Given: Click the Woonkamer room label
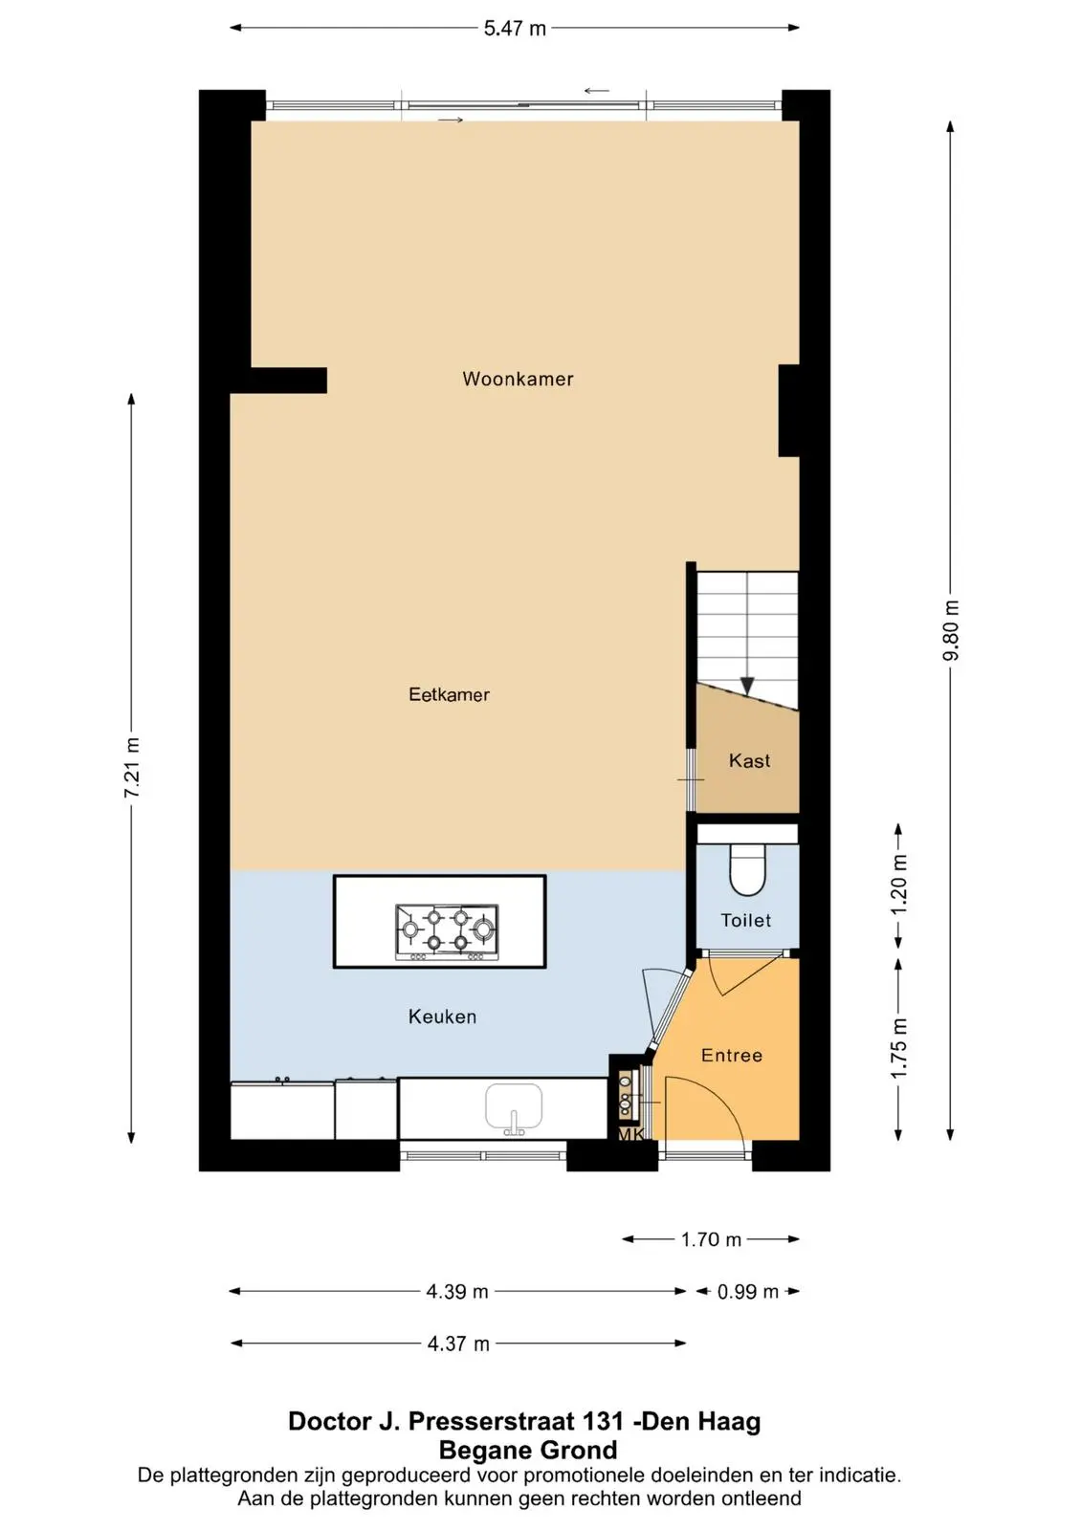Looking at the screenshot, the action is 518,379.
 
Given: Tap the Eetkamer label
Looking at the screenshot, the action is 449,694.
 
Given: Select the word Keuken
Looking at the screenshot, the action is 442,1016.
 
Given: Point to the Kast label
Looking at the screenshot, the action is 749,760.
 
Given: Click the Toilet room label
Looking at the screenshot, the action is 745,920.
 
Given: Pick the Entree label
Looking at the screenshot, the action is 731,1056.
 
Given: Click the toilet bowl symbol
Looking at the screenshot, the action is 747,870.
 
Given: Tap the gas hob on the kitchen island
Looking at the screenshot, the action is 447,931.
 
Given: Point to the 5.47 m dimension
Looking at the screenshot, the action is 515,29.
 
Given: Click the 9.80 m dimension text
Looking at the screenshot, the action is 952,630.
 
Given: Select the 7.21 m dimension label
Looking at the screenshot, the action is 132,768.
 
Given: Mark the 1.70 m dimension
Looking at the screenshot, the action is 711,1239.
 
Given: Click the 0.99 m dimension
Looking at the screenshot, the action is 748,1292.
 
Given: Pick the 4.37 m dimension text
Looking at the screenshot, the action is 458,1344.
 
